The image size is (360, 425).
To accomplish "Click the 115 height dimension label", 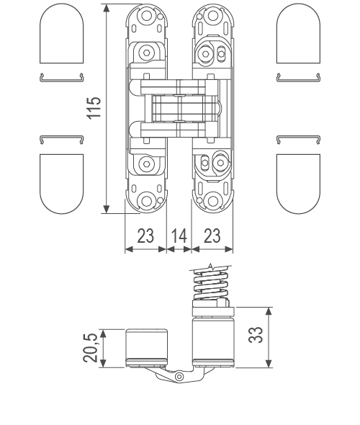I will (x=94, y=107).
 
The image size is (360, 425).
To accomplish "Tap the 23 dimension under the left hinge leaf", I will (x=145, y=237).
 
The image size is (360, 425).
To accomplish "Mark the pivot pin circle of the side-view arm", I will (x=179, y=376).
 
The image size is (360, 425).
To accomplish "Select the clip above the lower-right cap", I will (x=297, y=138).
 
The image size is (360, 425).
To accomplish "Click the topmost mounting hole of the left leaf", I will (x=147, y=15).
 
